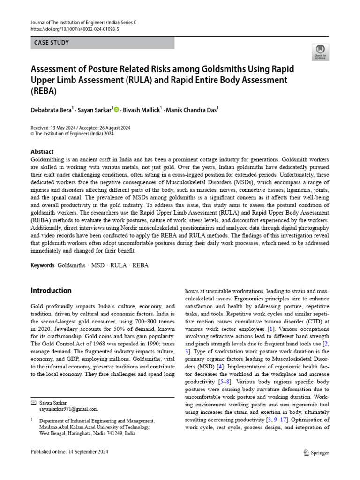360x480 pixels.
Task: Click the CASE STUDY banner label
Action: [52, 43]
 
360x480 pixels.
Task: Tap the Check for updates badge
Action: [320, 52]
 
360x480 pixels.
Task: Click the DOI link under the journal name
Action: [75, 29]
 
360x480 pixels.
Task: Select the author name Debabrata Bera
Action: [50, 110]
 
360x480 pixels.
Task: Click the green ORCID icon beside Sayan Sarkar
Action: [116, 110]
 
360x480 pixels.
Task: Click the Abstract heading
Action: [42, 152]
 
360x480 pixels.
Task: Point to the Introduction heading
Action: [51, 290]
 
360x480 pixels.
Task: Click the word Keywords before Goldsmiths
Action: [43, 265]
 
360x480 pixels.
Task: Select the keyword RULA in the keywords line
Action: [119, 265]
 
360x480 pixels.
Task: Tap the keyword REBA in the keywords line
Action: [141, 265]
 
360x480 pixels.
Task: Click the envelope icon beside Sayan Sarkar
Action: [33, 403]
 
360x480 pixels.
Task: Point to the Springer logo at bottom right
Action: [316, 453]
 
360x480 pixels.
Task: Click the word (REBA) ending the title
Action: [44, 90]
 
